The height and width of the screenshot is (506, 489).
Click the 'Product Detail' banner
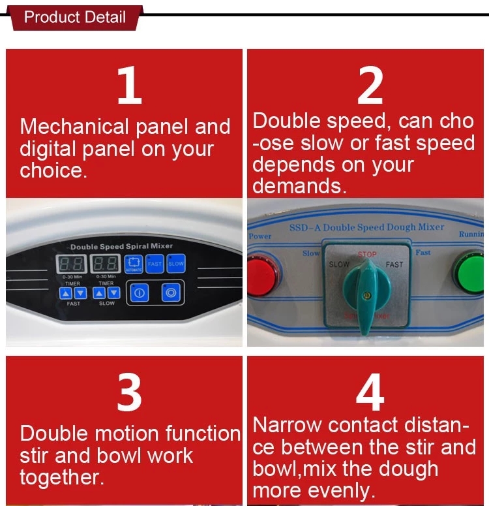point(74,16)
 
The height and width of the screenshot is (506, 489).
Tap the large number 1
point(129,86)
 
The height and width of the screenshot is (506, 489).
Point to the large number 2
point(370,86)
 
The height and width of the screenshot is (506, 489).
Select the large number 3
point(129,392)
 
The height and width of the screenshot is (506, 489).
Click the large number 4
point(370,392)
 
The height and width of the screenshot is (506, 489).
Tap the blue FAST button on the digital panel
point(155,264)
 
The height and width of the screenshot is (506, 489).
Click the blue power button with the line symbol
point(139,293)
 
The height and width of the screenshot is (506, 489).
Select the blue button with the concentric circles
point(171,293)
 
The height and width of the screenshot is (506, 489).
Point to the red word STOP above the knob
point(367,254)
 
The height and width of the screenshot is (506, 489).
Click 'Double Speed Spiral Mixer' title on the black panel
point(121,247)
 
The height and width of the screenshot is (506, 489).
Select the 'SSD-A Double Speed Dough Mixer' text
point(366,228)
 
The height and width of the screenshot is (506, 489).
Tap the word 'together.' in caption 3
point(62,477)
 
